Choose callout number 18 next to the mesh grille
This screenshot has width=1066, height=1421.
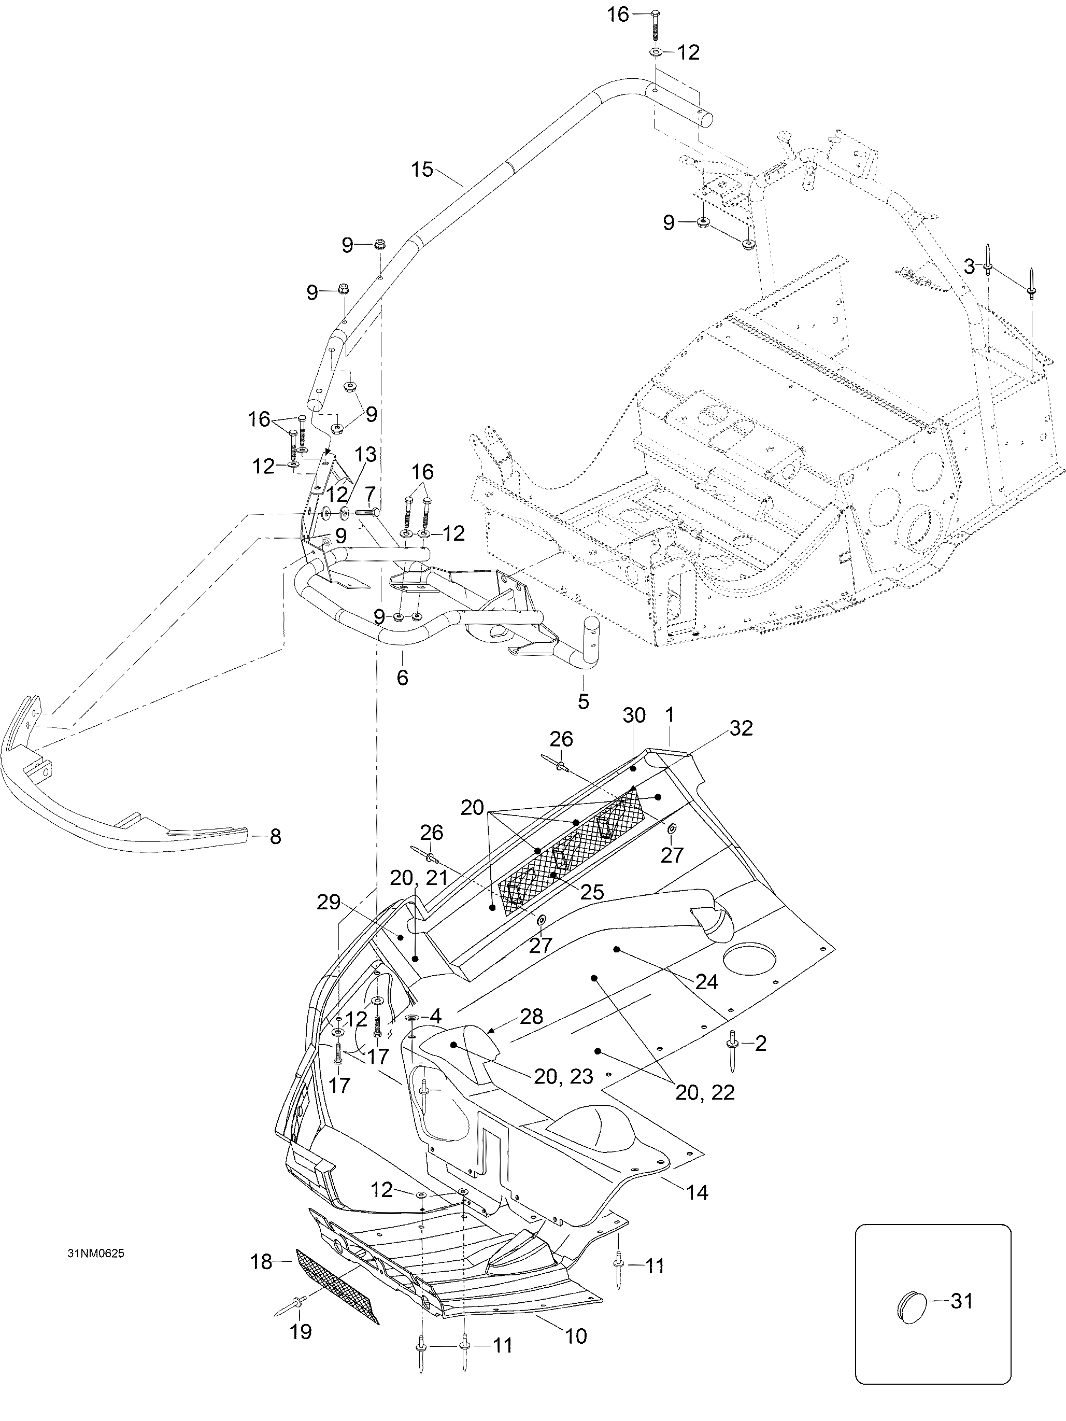pos(261,1262)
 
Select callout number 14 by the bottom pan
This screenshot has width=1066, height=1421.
pos(697,1192)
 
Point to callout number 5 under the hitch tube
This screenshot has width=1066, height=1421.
pos(583,701)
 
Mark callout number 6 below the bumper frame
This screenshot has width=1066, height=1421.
pos(403,677)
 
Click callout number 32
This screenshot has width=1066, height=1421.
pos(741,728)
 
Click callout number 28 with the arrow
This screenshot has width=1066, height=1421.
pos(532,1016)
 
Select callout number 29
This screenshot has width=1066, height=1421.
pos(328,903)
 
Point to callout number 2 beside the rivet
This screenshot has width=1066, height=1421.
pos(760,1043)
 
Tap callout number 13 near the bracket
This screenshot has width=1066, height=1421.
pos(365,454)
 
